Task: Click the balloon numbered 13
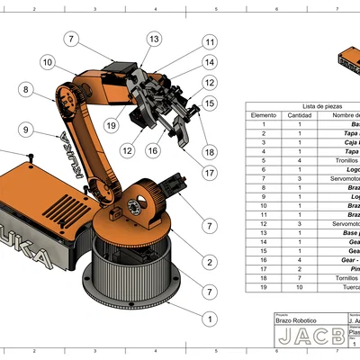click(155, 39)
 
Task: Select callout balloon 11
click(209, 42)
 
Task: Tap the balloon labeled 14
click(209, 62)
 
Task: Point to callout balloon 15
click(209, 103)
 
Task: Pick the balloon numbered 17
click(209, 173)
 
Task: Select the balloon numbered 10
click(46, 62)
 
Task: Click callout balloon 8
click(26, 89)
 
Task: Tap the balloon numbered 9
click(26, 130)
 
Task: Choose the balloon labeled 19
click(111, 124)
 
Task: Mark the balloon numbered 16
click(153, 150)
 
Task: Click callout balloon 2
click(209, 262)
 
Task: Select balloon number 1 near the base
click(209, 319)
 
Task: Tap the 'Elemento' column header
click(263, 115)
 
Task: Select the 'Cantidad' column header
click(300, 115)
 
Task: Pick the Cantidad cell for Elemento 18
click(300, 277)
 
